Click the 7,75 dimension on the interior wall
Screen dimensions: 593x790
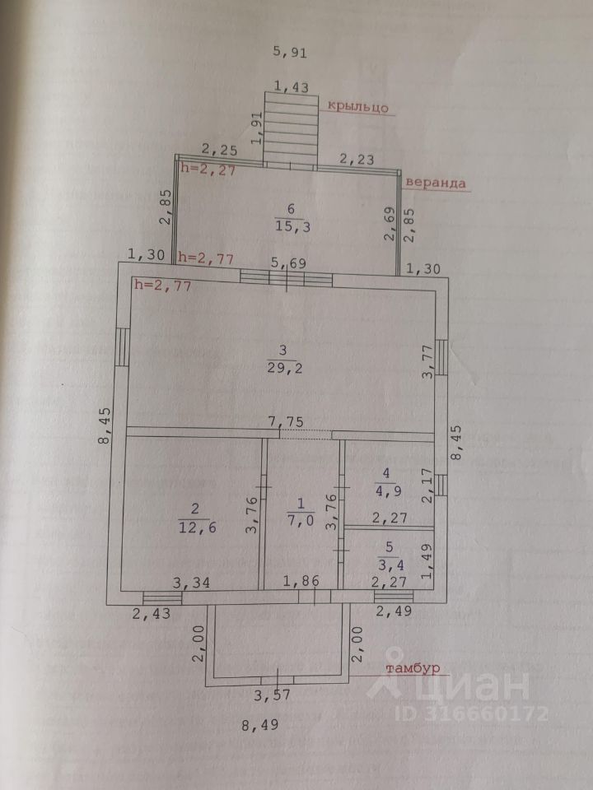pos(287,422)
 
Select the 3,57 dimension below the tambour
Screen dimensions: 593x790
pos(273,695)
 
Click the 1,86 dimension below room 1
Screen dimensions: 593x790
pos(300,583)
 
